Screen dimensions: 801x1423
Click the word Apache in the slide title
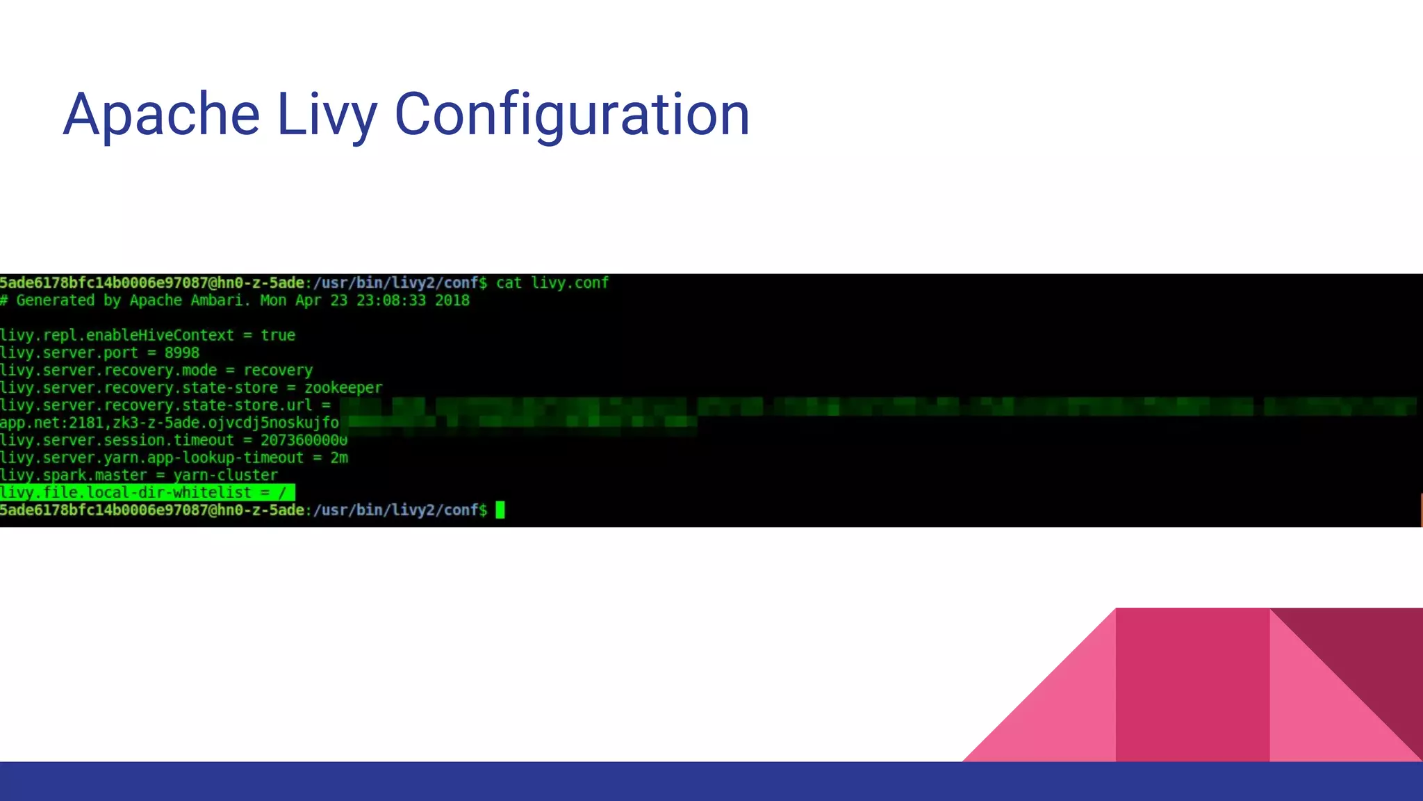click(161, 114)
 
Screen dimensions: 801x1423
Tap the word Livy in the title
click(327, 114)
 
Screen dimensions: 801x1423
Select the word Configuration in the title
click(572, 114)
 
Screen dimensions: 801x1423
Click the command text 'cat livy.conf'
click(552, 283)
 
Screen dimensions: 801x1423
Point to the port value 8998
click(182, 353)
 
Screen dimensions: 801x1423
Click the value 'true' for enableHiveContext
click(278, 335)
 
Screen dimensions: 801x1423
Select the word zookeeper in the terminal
click(343, 388)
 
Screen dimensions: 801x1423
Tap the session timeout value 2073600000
click(304, 440)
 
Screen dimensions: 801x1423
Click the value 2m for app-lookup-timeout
click(339, 458)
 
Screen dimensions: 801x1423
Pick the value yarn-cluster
click(226, 476)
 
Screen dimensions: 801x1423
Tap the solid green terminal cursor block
click(500, 510)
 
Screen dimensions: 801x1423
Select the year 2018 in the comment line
click(452, 300)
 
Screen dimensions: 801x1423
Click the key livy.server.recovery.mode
click(108, 371)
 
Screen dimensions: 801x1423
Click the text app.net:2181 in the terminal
click(52, 423)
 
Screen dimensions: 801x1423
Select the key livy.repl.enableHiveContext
click(117, 335)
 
